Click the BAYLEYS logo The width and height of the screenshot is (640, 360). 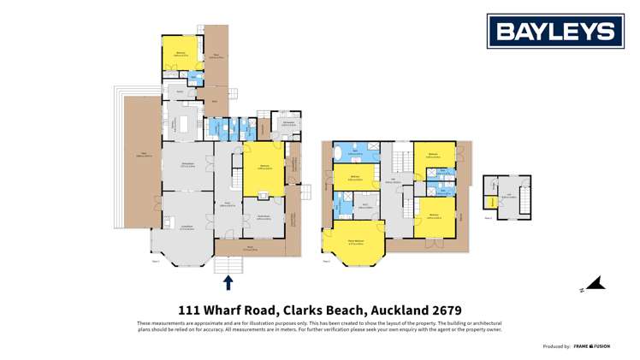[555, 32]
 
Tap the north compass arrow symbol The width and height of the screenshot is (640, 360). [597, 283]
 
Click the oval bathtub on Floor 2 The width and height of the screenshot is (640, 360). [340, 153]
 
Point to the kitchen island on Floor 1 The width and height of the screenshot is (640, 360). [186, 127]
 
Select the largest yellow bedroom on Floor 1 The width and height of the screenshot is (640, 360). [262, 167]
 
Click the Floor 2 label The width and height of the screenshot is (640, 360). [327, 262]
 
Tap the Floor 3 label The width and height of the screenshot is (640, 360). [488, 217]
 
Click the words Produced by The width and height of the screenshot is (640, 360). [556, 346]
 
